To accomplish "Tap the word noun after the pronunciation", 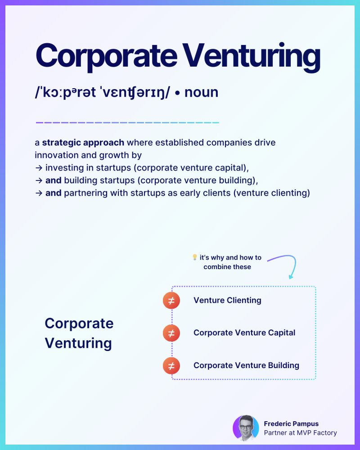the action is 201,92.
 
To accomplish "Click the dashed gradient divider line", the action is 127,122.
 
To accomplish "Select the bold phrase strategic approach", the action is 83,143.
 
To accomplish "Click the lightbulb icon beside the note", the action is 195,257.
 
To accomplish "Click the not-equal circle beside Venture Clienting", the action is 171,300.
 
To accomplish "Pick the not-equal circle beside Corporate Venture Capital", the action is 171,333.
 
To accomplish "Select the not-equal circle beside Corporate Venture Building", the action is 171,365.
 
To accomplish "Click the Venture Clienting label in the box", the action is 227,300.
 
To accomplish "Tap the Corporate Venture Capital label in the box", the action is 244,333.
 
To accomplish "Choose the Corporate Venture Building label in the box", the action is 246,365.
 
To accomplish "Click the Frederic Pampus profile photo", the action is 246,428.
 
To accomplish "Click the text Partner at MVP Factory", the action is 300,433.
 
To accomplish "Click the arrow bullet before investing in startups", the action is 39,168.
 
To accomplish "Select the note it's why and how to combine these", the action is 230,262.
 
